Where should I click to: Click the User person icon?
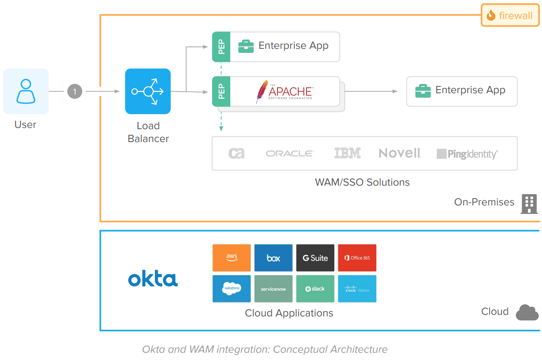click(26, 91)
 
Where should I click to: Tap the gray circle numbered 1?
click(75, 92)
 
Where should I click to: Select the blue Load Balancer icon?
click(148, 91)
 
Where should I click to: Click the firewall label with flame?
click(510, 15)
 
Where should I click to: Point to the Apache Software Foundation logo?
click(285, 92)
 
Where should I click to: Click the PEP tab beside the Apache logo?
click(221, 92)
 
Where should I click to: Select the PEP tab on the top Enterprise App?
click(221, 47)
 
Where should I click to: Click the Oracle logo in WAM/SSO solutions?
click(290, 153)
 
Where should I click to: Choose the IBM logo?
click(347, 153)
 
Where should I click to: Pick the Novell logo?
click(400, 153)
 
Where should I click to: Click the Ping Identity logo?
click(467, 154)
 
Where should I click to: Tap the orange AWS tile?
click(231, 257)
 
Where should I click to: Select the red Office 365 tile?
click(357, 257)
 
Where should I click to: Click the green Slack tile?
click(315, 289)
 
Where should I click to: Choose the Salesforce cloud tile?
click(231, 289)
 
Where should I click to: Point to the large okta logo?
click(153, 279)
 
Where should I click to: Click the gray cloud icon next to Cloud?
click(527, 312)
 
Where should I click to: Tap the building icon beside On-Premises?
click(529, 203)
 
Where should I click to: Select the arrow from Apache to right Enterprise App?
click(371, 91)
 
